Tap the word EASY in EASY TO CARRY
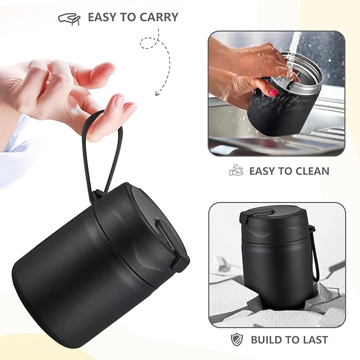102,17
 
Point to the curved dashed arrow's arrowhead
157,94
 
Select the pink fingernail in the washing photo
273,92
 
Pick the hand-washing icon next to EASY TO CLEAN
236,171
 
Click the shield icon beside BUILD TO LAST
236,340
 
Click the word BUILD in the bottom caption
267,340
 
